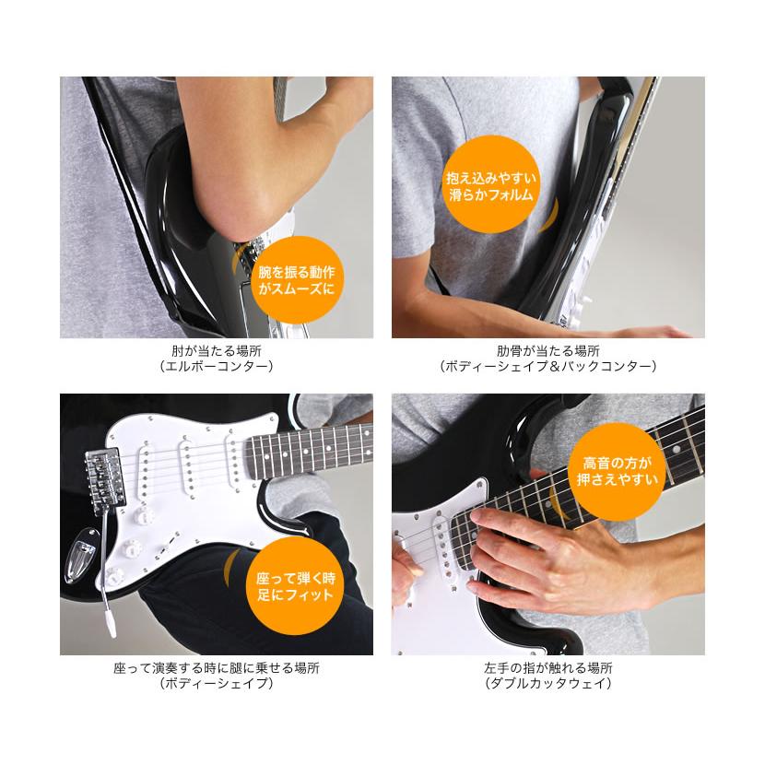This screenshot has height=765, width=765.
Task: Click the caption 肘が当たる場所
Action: (217, 351)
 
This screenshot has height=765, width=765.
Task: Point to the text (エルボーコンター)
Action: (217, 367)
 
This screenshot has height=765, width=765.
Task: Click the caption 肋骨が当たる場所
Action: (548, 351)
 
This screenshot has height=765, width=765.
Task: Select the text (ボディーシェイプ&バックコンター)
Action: (548, 367)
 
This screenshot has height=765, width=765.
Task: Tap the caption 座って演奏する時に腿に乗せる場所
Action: (217, 668)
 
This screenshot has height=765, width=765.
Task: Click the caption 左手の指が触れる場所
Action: (548, 668)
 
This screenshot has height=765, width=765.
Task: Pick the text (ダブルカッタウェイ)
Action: (548, 684)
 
